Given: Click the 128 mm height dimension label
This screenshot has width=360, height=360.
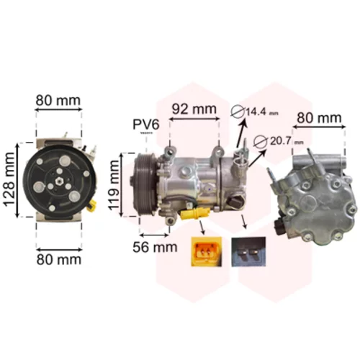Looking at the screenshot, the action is click(10, 179).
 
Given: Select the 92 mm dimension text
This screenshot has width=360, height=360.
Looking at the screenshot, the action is click(194, 109).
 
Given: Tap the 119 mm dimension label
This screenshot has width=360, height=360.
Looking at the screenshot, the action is click(114, 185).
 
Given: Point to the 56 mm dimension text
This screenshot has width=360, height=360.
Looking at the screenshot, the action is click(155, 247).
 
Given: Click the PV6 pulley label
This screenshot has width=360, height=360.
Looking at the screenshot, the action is click(146, 125).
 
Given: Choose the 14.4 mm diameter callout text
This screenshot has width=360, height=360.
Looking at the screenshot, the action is click(261, 112).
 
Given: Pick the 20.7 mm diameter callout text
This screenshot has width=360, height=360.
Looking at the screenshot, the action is click(287, 141).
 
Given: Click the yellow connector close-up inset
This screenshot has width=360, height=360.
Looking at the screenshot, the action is click(207, 252).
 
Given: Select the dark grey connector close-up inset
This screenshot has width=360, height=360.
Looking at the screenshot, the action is click(248, 252).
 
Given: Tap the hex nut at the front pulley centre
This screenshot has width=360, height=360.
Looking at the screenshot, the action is click(58, 181).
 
